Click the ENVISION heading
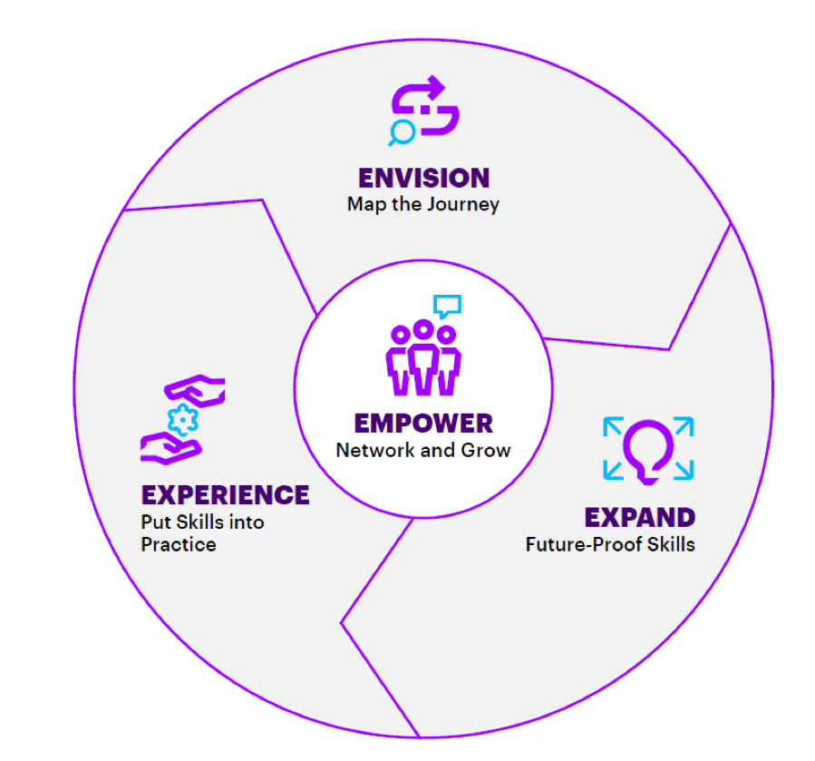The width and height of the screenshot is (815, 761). (423, 177)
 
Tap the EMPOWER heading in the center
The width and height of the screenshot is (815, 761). (423, 423)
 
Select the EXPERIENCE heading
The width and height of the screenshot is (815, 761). (225, 495)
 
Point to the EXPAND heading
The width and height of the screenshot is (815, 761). (639, 518)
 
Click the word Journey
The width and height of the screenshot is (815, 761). (464, 204)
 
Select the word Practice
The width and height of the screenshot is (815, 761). (179, 545)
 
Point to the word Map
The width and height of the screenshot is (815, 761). (364, 204)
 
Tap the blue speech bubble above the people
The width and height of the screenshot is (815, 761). (447, 306)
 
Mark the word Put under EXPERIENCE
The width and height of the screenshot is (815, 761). (155, 522)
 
